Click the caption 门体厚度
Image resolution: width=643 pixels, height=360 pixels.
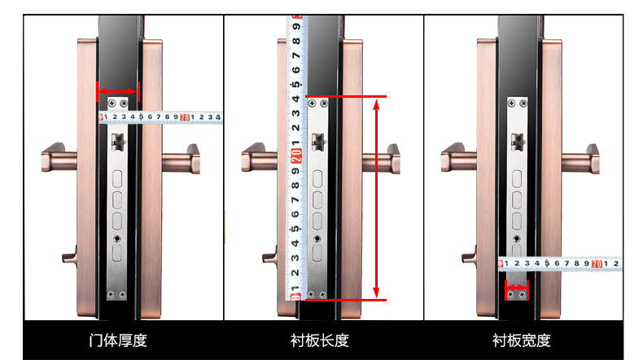pyautogui.click(x=118, y=340)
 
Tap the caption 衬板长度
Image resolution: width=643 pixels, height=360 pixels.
pyautogui.click(x=320, y=340)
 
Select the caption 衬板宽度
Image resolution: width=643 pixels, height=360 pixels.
pyautogui.click(x=521, y=340)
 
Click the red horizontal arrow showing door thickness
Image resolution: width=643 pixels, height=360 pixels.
pyautogui.click(x=118, y=91)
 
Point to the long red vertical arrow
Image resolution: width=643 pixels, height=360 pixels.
pyautogui.click(x=376, y=198)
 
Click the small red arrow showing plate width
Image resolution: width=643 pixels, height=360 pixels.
pyautogui.click(x=516, y=287)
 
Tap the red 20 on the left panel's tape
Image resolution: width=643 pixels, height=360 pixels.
pyautogui.click(x=185, y=117)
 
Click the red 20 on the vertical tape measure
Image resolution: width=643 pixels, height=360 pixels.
pyautogui.click(x=296, y=156)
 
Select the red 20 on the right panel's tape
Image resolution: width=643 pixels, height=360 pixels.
pyautogui.click(x=597, y=264)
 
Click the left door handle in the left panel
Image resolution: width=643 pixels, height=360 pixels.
pyautogui.click(x=59, y=157)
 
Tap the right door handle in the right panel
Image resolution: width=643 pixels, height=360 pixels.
pyautogui.click(x=580, y=159)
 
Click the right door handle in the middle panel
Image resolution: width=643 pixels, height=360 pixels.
pyautogui.click(x=382, y=159)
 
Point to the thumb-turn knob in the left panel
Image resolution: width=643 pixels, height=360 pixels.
pyautogui.click(x=70, y=255)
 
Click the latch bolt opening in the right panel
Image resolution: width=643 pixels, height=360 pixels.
pyautogui.click(x=518, y=142)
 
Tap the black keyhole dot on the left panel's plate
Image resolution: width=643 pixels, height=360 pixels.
pyautogui.click(x=117, y=239)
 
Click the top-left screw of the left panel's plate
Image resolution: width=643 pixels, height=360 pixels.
pyautogui.click(x=112, y=103)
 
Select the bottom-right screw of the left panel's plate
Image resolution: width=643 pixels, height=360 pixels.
pyautogui.click(x=123, y=294)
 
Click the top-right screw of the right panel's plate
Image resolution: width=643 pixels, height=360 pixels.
pyautogui.click(x=523, y=103)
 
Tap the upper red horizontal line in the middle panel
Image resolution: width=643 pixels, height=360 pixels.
pyautogui.click(x=346, y=96)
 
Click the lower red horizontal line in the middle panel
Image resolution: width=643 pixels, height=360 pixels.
pyautogui.click(x=346, y=300)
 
